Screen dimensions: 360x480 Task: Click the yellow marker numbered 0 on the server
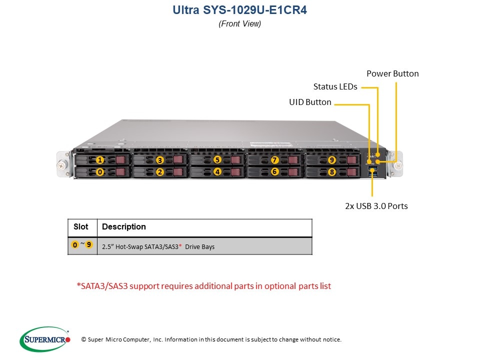point(100,171)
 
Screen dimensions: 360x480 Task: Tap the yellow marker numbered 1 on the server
point(100,160)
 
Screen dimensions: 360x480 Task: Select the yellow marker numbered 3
point(159,160)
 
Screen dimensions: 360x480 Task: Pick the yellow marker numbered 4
point(217,171)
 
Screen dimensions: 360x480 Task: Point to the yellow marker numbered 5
point(217,160)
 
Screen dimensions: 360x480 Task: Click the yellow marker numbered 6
point(274,171)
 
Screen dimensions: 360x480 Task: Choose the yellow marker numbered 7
point(274,160)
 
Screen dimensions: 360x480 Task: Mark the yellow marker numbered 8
point(332,171)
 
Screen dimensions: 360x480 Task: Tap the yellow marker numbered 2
point(159,171)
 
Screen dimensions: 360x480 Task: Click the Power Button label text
point(392,73)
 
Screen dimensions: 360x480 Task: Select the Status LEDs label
point(335,86)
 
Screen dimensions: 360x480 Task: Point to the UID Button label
point(310,102)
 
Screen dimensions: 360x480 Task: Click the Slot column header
point(81,227)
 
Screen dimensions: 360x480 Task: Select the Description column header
point(123,227)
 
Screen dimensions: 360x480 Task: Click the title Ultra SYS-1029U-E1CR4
point(239,10)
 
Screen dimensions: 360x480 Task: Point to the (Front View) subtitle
point(239,23)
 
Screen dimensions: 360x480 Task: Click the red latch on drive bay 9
point(350,160)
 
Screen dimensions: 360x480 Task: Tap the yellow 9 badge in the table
point(89,245)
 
